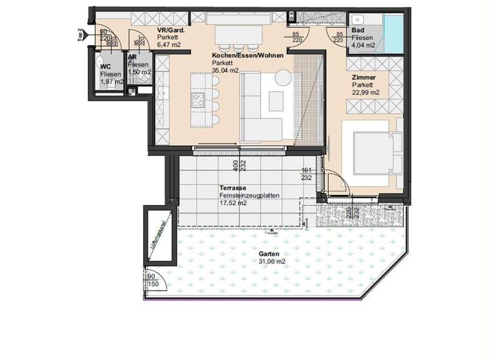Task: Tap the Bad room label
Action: click(x=359, y=30)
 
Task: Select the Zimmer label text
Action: click(x=364, y=77)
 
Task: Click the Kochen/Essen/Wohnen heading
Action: click(x=248, y=55)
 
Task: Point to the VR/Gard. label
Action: click(x=170, y=30)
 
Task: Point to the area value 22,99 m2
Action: click(x=366, y=93)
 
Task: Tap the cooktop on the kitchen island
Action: click(x=197, y=100)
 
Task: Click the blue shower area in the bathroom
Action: click(x=393, y=32)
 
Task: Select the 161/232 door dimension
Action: click(x=307, y=174)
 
